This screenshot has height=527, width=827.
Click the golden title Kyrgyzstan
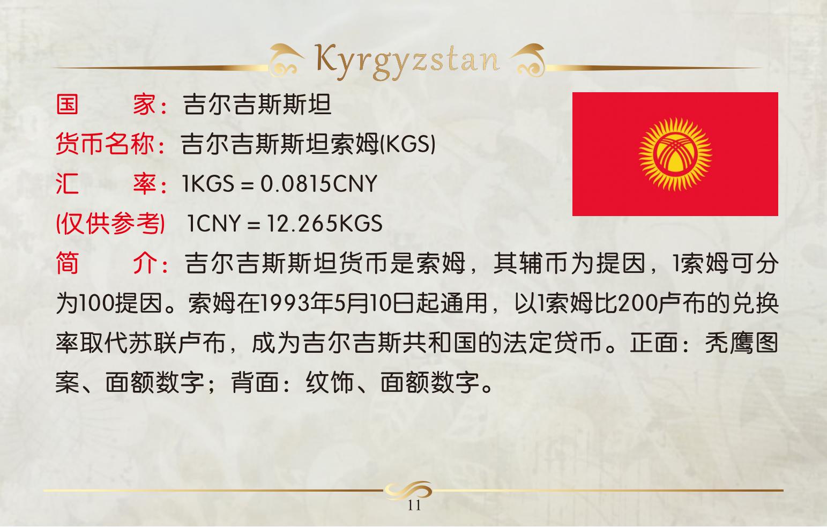[x=407, y=62]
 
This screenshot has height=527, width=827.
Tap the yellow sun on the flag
[x=675, y=154]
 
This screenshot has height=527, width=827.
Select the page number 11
[x=414, y=505]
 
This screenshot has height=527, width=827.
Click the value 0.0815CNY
[x=318, y=183]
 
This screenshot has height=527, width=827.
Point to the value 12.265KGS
[x=324, y=224]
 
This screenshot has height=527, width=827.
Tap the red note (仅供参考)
[x=110, y=224]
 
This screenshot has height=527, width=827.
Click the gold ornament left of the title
[x=286, y=60]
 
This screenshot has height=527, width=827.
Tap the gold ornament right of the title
[x=528, y=60]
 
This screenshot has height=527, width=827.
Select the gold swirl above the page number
[x=408, y=491]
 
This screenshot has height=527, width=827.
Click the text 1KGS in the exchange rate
[x=208, y=183]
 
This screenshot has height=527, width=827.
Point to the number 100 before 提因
[x=96, y=303]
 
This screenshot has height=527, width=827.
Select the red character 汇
[x=67, y=183]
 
